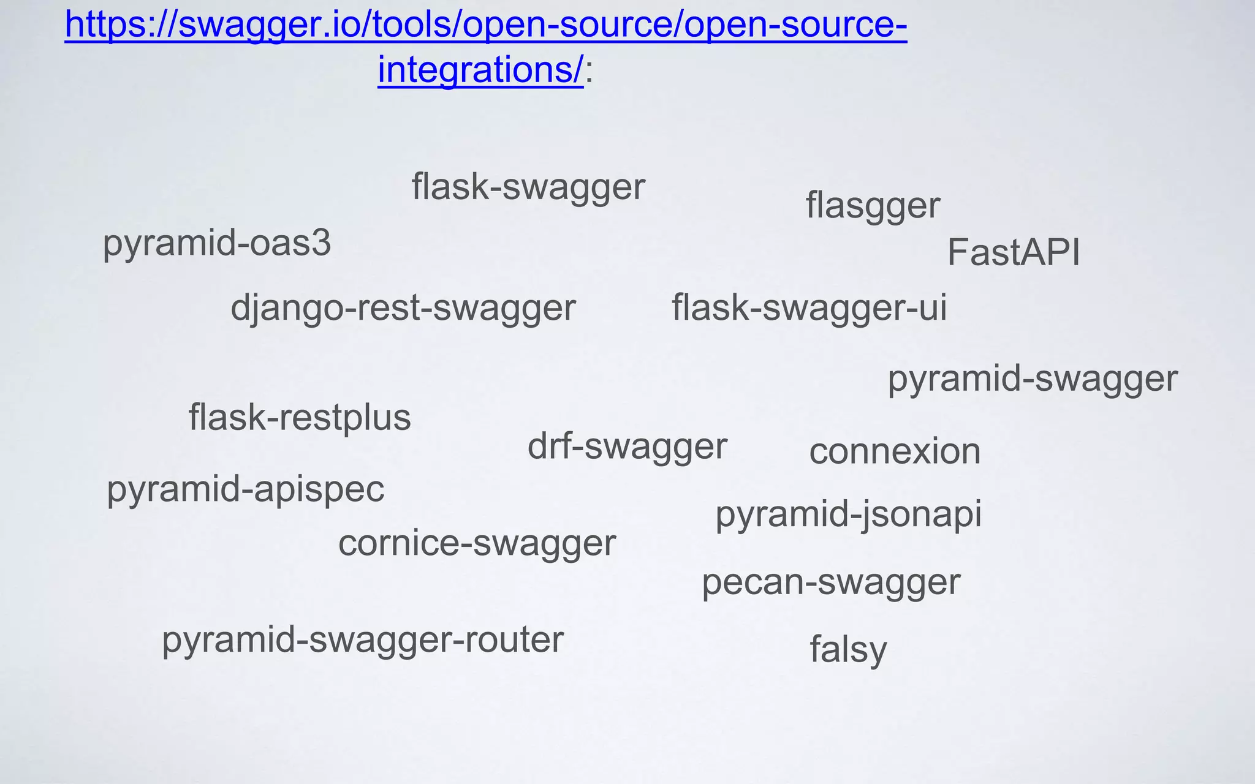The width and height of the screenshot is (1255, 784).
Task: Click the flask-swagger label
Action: pos(528,187)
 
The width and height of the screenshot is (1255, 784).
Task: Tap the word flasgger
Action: pos(872,206)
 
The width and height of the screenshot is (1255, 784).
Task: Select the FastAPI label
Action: pos(1013,252)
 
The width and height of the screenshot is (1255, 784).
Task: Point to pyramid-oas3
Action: pos(217,244)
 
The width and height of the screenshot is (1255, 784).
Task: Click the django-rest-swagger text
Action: pos(403,308)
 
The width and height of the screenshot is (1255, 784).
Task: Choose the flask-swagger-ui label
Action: pos(809,308)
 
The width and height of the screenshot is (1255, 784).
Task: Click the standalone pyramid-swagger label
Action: pos(1033,379)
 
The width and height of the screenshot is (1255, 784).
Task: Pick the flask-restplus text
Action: pos(300,418)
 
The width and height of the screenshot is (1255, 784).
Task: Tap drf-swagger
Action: pos(627,447)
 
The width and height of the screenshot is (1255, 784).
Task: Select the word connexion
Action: pos(895,452)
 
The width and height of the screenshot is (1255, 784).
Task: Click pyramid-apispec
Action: pos(245,490)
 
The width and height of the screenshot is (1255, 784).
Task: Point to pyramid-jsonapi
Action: pos(848,514)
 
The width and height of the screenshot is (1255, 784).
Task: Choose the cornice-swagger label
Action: pos(477,543)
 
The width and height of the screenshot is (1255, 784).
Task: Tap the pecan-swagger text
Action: pos(830,582)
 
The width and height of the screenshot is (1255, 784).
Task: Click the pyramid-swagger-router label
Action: pos(362,641)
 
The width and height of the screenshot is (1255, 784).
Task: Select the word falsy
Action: pos(848,650)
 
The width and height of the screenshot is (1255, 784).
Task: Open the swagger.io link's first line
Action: pos(485,26)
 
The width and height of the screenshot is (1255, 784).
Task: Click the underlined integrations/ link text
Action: pos(480,70)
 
